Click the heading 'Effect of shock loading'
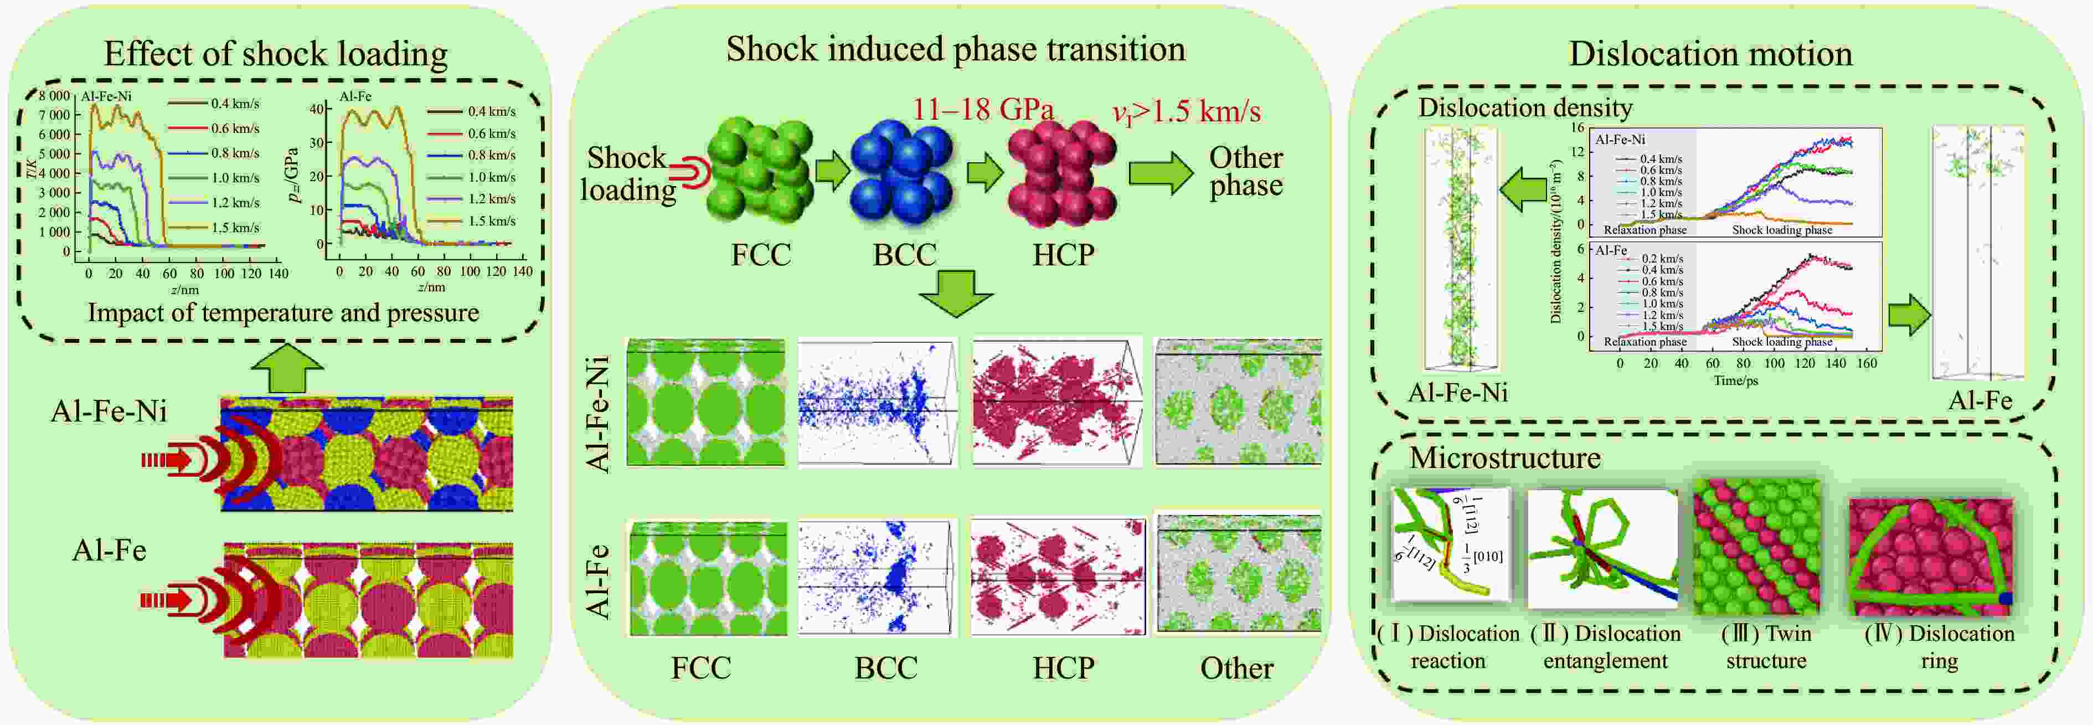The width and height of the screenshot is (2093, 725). [275, 54]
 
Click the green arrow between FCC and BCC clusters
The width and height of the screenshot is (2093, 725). [833, 172]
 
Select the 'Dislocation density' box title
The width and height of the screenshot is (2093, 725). [1525, 108]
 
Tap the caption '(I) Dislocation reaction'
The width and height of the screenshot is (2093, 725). [1448, 647]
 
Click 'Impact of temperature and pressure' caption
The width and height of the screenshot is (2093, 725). [283, 313]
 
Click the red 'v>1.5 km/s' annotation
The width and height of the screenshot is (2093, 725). [1186, 111]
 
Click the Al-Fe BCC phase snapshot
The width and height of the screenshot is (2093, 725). [878, 577]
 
